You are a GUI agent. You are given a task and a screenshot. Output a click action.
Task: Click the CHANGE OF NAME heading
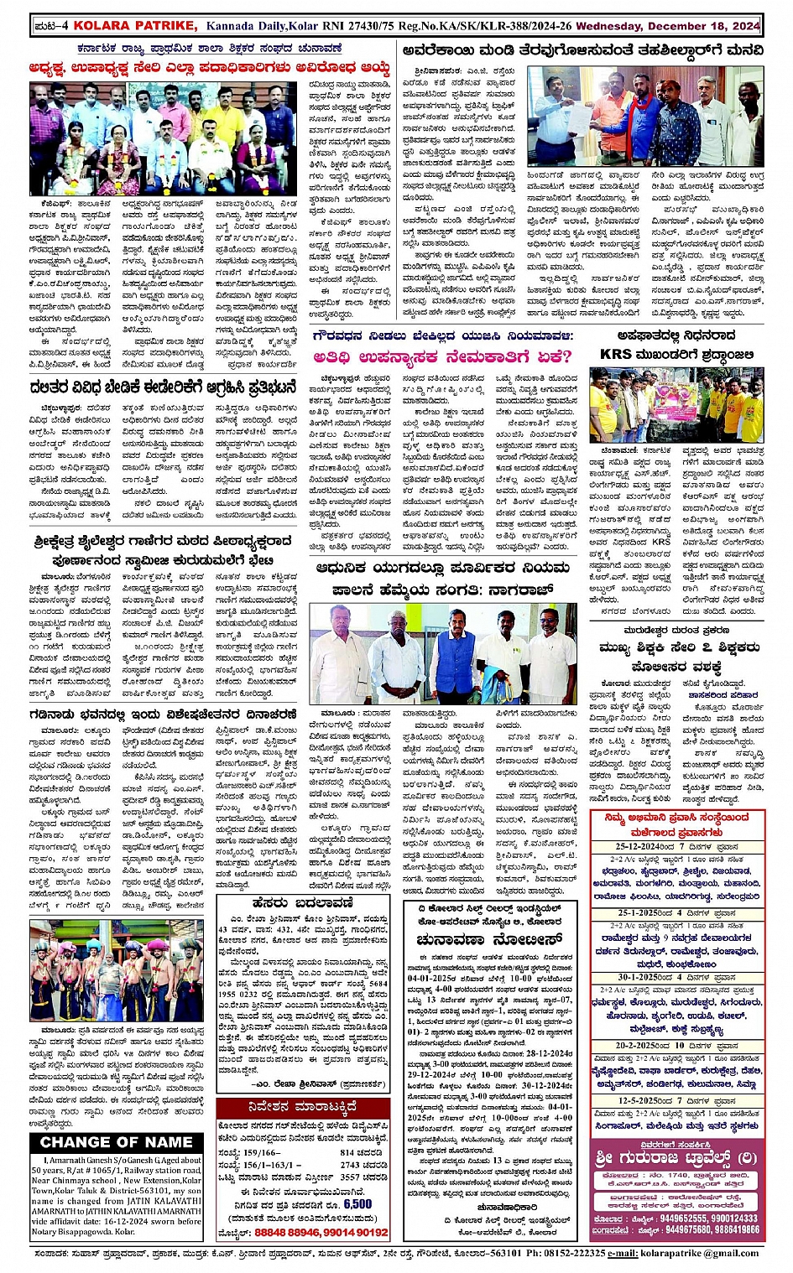116,1142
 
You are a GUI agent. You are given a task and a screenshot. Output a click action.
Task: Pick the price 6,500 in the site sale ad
357,1203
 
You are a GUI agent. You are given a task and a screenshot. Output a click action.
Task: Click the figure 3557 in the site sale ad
355,1177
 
